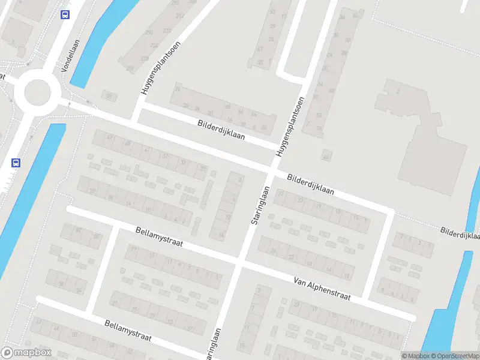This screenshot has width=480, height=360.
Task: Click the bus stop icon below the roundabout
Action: [16, 163]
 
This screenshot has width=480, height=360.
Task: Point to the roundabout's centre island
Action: [37, 93]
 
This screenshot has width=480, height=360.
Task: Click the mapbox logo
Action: [25, 353]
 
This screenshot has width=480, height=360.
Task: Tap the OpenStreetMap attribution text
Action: [455, 356]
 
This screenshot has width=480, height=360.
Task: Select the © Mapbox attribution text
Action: [415, 356]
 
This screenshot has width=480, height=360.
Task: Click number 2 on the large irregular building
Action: [398, 92]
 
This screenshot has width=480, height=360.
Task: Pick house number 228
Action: [145, 58]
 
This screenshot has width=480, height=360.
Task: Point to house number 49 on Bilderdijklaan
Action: [109, 137]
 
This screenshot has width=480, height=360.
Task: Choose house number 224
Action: [154, 44]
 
